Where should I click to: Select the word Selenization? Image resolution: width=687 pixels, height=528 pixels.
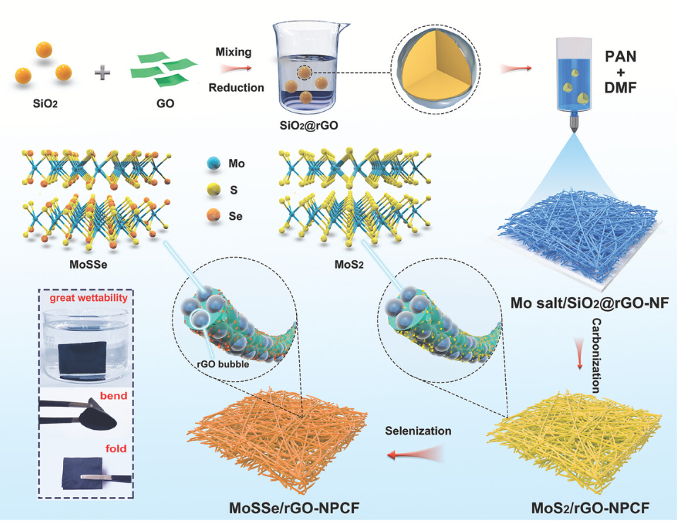418,430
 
